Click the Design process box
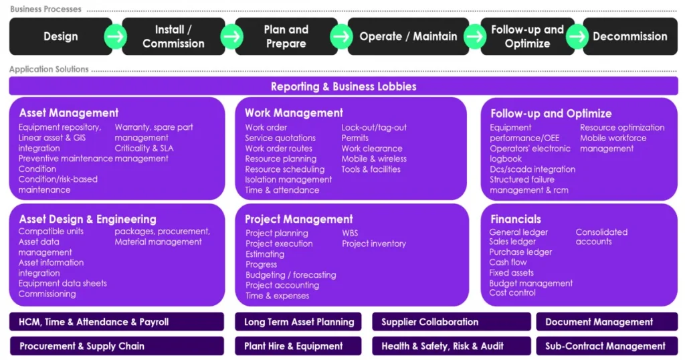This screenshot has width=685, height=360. click(x=60, y=37)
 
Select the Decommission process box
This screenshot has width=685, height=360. click(x=629, y=37)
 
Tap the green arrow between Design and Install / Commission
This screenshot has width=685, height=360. click(x=116, y=37)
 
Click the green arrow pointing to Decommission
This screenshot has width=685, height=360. click(x=577, y=37)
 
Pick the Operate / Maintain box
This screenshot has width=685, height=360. click(x=408, y=37)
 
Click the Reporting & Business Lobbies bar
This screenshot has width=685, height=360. click(x=343, y=86)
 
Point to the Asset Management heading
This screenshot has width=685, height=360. click(x=69, y=113)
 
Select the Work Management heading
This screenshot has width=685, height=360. click(x=294, y=113)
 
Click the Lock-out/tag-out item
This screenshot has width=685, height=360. click(x=374, y=128)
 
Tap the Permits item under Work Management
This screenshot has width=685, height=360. click(x=355, y=138)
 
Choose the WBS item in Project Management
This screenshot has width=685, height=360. click(x=351, y=234)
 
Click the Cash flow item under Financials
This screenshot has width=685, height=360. click(x=508, y=262)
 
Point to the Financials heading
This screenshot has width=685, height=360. click(x=516, y=219)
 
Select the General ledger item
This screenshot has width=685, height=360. click(x=518, y=232)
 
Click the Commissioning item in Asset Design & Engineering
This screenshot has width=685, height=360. click(x=47, y=294)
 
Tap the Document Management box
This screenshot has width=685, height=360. click(x=599, y=322)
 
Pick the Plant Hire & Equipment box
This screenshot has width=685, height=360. click(x=294, y=346)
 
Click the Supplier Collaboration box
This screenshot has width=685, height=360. click(x=429, y=322)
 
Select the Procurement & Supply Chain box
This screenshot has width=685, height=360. click(x=82, y=346)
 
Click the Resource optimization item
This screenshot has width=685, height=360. click(x=622, y=128)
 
